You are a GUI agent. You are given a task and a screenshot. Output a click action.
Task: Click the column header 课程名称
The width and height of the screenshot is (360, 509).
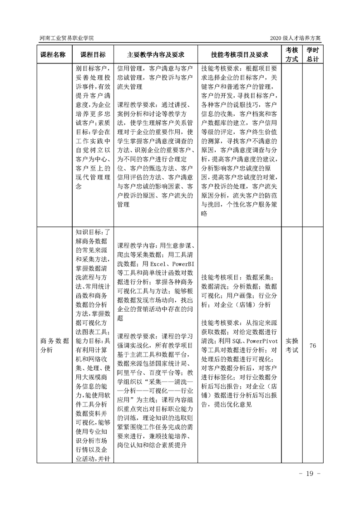pos(53,54)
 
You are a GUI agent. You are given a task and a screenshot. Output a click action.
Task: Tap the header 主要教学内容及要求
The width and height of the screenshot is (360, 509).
pos(155,54)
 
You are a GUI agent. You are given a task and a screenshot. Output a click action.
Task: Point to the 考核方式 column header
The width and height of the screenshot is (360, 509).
pos(291,54)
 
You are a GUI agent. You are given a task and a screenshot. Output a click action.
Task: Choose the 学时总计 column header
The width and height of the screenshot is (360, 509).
pos(312,54)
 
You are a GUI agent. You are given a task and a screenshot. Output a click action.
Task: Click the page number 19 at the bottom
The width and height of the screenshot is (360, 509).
pos(310,474)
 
